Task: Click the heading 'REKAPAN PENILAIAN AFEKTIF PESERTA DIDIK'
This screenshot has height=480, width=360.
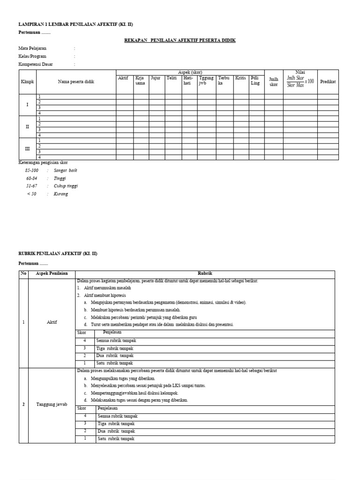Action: pos(180,40)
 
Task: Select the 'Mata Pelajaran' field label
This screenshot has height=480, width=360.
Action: pos(32,48)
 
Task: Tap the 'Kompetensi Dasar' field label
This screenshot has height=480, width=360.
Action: pos(35,64)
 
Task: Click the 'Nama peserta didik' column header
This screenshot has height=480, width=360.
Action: pos(76,82)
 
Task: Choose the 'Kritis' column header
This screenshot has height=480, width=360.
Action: pos(240,78)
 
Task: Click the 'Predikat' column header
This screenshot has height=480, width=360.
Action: pos(328,82)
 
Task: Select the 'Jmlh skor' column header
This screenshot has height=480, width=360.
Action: pos(273,82)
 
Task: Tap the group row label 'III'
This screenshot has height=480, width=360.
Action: pos(27,149)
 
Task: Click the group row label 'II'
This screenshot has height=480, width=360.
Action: pos(27,127)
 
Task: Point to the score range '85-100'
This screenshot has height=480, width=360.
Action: pos(32,171)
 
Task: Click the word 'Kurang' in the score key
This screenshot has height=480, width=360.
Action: pos(60,194)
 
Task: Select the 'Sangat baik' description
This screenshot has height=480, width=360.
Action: pos(65,171)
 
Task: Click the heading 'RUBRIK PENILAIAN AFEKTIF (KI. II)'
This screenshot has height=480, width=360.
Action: pos(58,253)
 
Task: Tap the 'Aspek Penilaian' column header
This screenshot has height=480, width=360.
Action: pos(52,273)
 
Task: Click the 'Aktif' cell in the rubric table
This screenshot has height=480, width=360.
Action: pos(52,322)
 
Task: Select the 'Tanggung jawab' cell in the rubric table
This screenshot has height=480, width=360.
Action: pos(52,405)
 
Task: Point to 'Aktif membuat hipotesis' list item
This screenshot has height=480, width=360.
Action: pos(105,295)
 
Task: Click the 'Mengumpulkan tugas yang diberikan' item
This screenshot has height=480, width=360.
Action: pos(122,378)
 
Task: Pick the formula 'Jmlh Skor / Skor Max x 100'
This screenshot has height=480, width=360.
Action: pos(300,81)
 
